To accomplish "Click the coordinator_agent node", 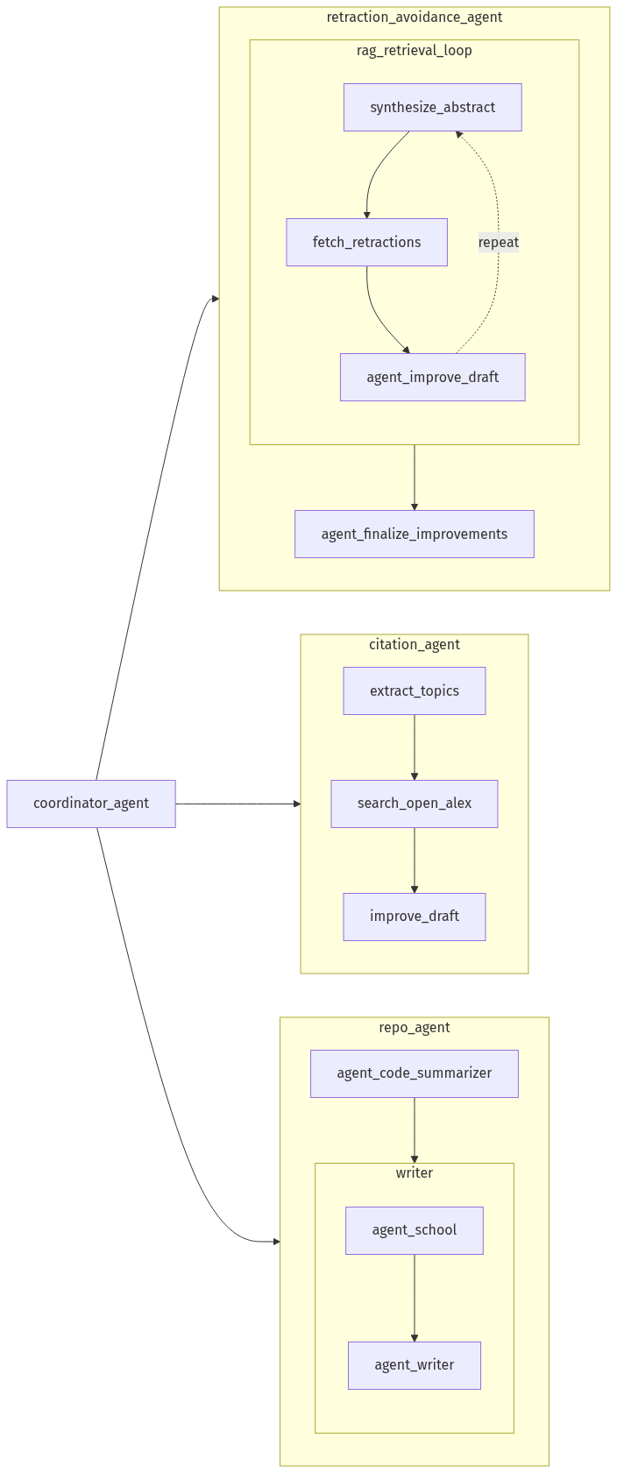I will pyautogui.click(x=91, y=803).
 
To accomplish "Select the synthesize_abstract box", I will pyautogui.click(x=432, y=107).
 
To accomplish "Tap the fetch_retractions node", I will pyautogui.click(x=366, y=242).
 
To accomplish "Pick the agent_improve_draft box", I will pyautogui.click(x=432, y=377).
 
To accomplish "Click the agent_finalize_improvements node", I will pyautogui.click(x=414, y=534).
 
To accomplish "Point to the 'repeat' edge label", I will pyautogui.click(x=498, y=242).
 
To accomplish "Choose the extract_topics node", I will pyautogui.click(x=414, y=690).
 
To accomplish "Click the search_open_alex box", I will pyautogui.click(x=414, y=803).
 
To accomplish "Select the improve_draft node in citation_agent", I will pyautogui.click(x=414, y=916).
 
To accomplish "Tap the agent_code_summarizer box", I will pyautogui.click(x=414, y=1073).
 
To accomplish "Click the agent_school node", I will pyautogui.click(x=414, y=1229).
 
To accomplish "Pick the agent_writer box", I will pyautogui.click(x=414, y=1364).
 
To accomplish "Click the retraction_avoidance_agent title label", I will pyautogui.click(x=414, y=17).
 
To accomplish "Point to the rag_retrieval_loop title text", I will pyautogui.click(x=414, y=50).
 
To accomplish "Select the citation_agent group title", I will pyautogui.click(x=414, y=644).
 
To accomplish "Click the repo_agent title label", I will pyautogui.click(x=414, y=1027).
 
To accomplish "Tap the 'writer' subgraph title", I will pyautogui.click(x=414, y=1172).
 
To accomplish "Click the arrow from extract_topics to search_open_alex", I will pyautogui.click(x=414, y=747).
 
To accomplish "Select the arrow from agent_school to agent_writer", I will pyautogui.click(x=414, y=1297).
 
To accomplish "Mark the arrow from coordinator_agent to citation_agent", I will pyautogui.click(x=237, y=803).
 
